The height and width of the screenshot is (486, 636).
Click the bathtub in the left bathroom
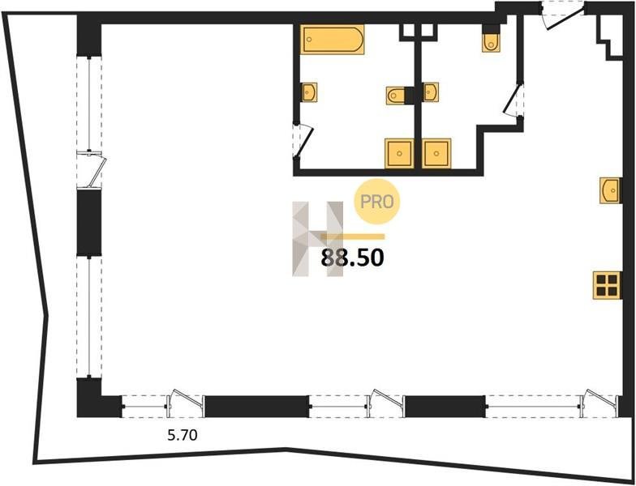[x=333, y=39]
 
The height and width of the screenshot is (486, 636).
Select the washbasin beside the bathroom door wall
[x=309, y=92]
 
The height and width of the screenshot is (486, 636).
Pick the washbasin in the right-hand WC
[x=430, y=92]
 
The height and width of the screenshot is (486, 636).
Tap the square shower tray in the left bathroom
[x=399, y=154]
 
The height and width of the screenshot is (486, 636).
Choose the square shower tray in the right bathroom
[x=436, y=154]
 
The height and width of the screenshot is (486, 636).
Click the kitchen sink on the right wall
[x=610, y=190]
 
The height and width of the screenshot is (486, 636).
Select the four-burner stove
[x=607, y=285]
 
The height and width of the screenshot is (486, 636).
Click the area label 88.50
[x=352, y=258]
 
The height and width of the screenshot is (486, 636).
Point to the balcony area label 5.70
[x=183, y=436]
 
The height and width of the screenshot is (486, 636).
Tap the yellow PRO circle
[x=377, y=202]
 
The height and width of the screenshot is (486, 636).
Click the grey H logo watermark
[x=318, y=239]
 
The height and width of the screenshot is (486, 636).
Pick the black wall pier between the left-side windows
[x=89, y=222]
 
